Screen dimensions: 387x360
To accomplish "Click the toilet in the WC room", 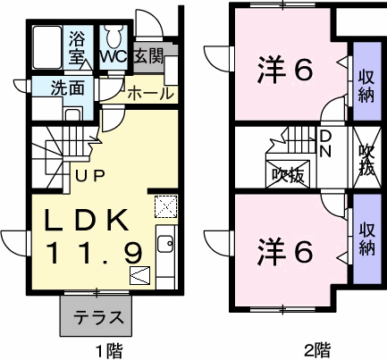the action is [x=114, y=37].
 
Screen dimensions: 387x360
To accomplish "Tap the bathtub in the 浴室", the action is [x=47, y=47].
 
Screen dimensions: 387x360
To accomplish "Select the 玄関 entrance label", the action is [x=148, y=55].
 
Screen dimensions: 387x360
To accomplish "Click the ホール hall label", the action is [x=150, y=93].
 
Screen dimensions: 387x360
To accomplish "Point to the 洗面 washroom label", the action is [x=67, y=88].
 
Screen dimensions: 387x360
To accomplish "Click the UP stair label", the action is [x=90, y=176].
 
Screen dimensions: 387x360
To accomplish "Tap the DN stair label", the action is [x=325, y=144].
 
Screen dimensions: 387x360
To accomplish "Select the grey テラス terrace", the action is [x=96, y=315].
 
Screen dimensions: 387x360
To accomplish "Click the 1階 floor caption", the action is [x=109, y=350].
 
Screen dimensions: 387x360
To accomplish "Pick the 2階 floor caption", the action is [x=317, y=350].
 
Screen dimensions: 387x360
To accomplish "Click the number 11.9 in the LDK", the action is [x=95, y=253].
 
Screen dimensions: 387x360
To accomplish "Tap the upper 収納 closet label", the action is [x=366, y=87].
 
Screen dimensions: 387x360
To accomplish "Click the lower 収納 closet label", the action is [x=366, y=239].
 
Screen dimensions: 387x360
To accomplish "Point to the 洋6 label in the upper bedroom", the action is [x=285, y=71].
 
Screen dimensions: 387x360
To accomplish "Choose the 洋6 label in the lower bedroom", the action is [x=285, y=253].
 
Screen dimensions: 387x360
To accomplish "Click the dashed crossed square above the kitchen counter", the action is [x=166, y=206].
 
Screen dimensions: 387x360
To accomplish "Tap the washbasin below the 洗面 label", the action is [x=71, y=114].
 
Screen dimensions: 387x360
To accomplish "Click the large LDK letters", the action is [x=87, y=220].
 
